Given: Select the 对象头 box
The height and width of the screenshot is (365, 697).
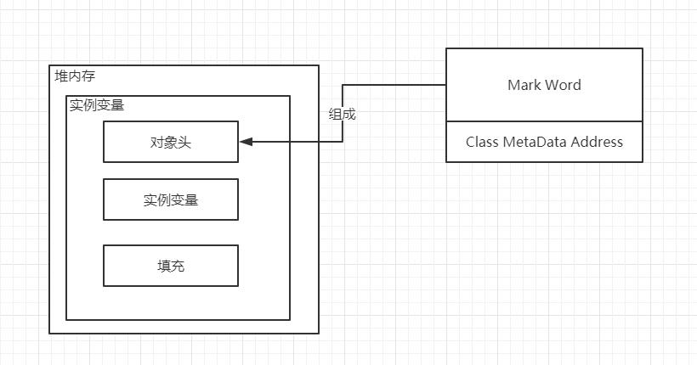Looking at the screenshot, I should (170, 142).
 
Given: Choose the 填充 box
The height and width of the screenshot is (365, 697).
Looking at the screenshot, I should (170, 266).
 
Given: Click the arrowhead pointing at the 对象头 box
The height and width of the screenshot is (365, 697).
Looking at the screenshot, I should (245, 142).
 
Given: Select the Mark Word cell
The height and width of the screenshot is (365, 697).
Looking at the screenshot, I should (544, 85).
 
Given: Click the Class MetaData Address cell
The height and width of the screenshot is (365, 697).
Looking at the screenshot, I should (544, 142).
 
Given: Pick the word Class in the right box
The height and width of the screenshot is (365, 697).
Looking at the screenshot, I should (482, 142).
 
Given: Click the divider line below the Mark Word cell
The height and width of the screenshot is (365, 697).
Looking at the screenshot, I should (544, 121).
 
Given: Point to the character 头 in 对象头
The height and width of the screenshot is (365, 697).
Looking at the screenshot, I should (184, 142).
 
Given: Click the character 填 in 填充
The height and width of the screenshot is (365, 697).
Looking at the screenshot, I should (163, 266).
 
